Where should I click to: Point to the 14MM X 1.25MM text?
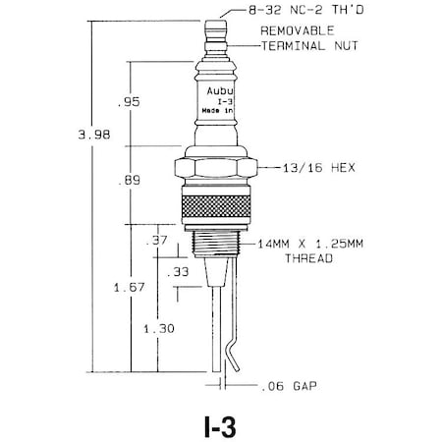click(x=304, y=243)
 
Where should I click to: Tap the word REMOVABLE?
click(x=296, y=31)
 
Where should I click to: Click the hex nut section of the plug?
click(x=221, y=170)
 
